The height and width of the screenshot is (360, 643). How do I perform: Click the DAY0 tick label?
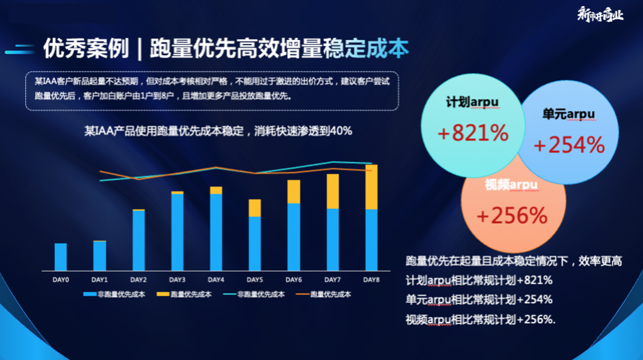pos(61,279)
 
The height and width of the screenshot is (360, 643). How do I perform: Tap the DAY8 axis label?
pos(371,279)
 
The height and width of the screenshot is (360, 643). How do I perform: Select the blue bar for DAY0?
pos(61,256)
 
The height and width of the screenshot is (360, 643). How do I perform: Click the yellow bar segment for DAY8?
pos(371,187)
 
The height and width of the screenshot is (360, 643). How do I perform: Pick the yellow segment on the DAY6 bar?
pos(294,192)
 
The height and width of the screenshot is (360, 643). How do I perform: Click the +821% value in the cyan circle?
pos(473,133)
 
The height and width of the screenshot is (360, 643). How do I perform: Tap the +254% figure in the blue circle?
pos(569,144)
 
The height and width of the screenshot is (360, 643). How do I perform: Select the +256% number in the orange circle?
pos(512,215)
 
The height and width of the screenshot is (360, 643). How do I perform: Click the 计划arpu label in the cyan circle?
pos(473,102)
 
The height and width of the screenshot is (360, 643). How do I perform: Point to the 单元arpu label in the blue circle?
pos(569,114)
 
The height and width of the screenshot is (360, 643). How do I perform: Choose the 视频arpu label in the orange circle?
pos(511,184)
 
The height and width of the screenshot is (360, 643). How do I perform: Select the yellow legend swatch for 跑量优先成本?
pos(163,294)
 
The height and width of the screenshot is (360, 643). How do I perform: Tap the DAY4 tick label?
pos(216,279)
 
